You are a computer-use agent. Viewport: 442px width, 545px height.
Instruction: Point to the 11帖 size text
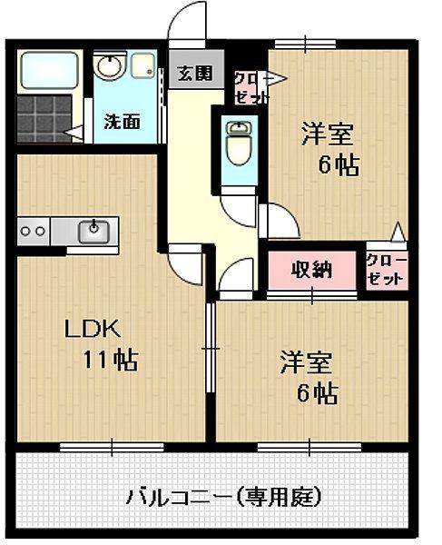tap(111, 360)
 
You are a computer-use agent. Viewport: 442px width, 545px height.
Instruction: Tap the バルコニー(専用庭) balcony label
tap(223, 497)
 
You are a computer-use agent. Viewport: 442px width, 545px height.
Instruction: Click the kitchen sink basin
tap(93, 231)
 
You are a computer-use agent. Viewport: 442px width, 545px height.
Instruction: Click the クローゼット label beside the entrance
tap(249, 86)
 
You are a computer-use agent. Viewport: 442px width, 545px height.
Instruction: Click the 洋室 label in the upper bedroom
tap(327, 134)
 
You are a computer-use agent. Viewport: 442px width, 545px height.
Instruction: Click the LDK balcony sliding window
tap(112, 446)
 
